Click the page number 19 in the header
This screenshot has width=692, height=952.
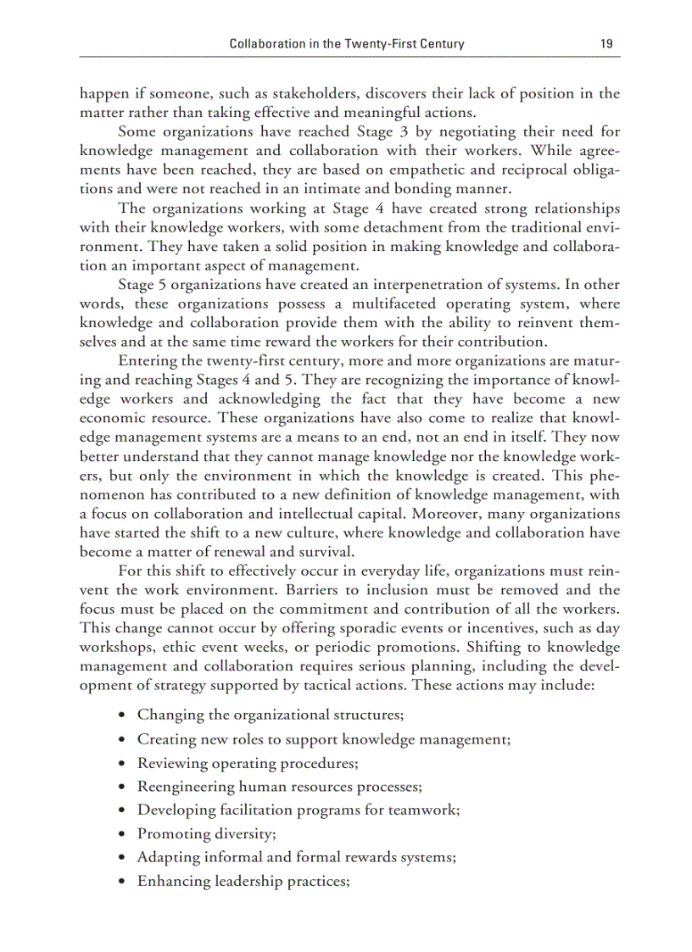(605, 43)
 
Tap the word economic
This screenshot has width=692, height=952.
(111, 418)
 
